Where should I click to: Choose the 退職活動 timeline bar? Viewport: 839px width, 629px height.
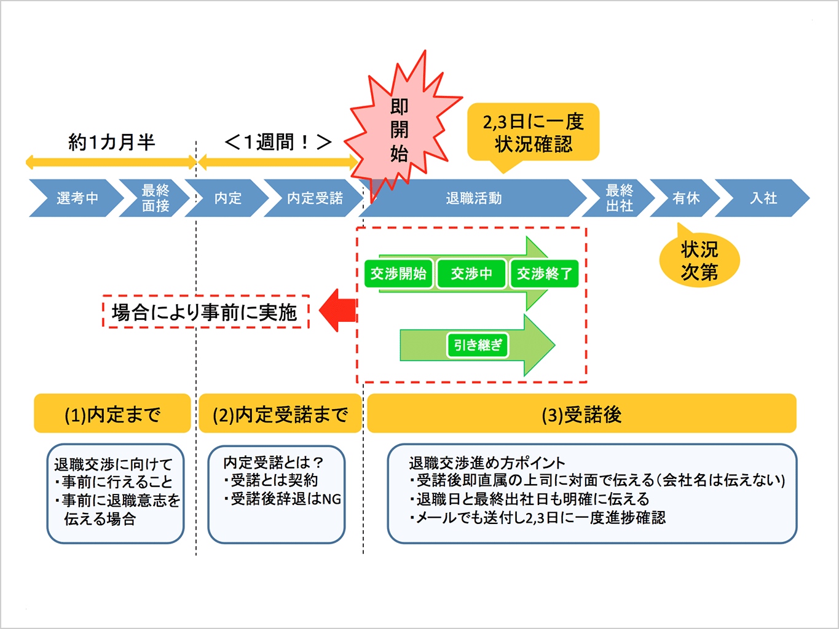point(473,198)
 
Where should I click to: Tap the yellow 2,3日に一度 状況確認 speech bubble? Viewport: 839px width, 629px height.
point(533,133)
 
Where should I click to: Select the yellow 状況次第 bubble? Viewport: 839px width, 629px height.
point(699,260)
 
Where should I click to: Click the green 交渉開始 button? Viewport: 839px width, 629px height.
point(398,273)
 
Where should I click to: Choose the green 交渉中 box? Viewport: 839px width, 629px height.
point(471,273)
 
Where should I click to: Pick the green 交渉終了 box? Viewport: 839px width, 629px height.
point(544,273)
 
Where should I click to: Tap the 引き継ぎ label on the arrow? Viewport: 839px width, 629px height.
point(478,345)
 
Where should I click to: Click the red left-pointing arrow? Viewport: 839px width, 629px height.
point(339,310)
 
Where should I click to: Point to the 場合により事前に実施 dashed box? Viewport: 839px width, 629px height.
point(205,312)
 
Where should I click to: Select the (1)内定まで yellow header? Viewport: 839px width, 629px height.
point(112,414)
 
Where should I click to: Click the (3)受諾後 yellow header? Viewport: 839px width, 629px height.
point(581,414)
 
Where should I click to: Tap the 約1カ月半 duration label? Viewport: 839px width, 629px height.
point(111,143)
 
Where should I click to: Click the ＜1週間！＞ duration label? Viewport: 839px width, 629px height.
point(278,143)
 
